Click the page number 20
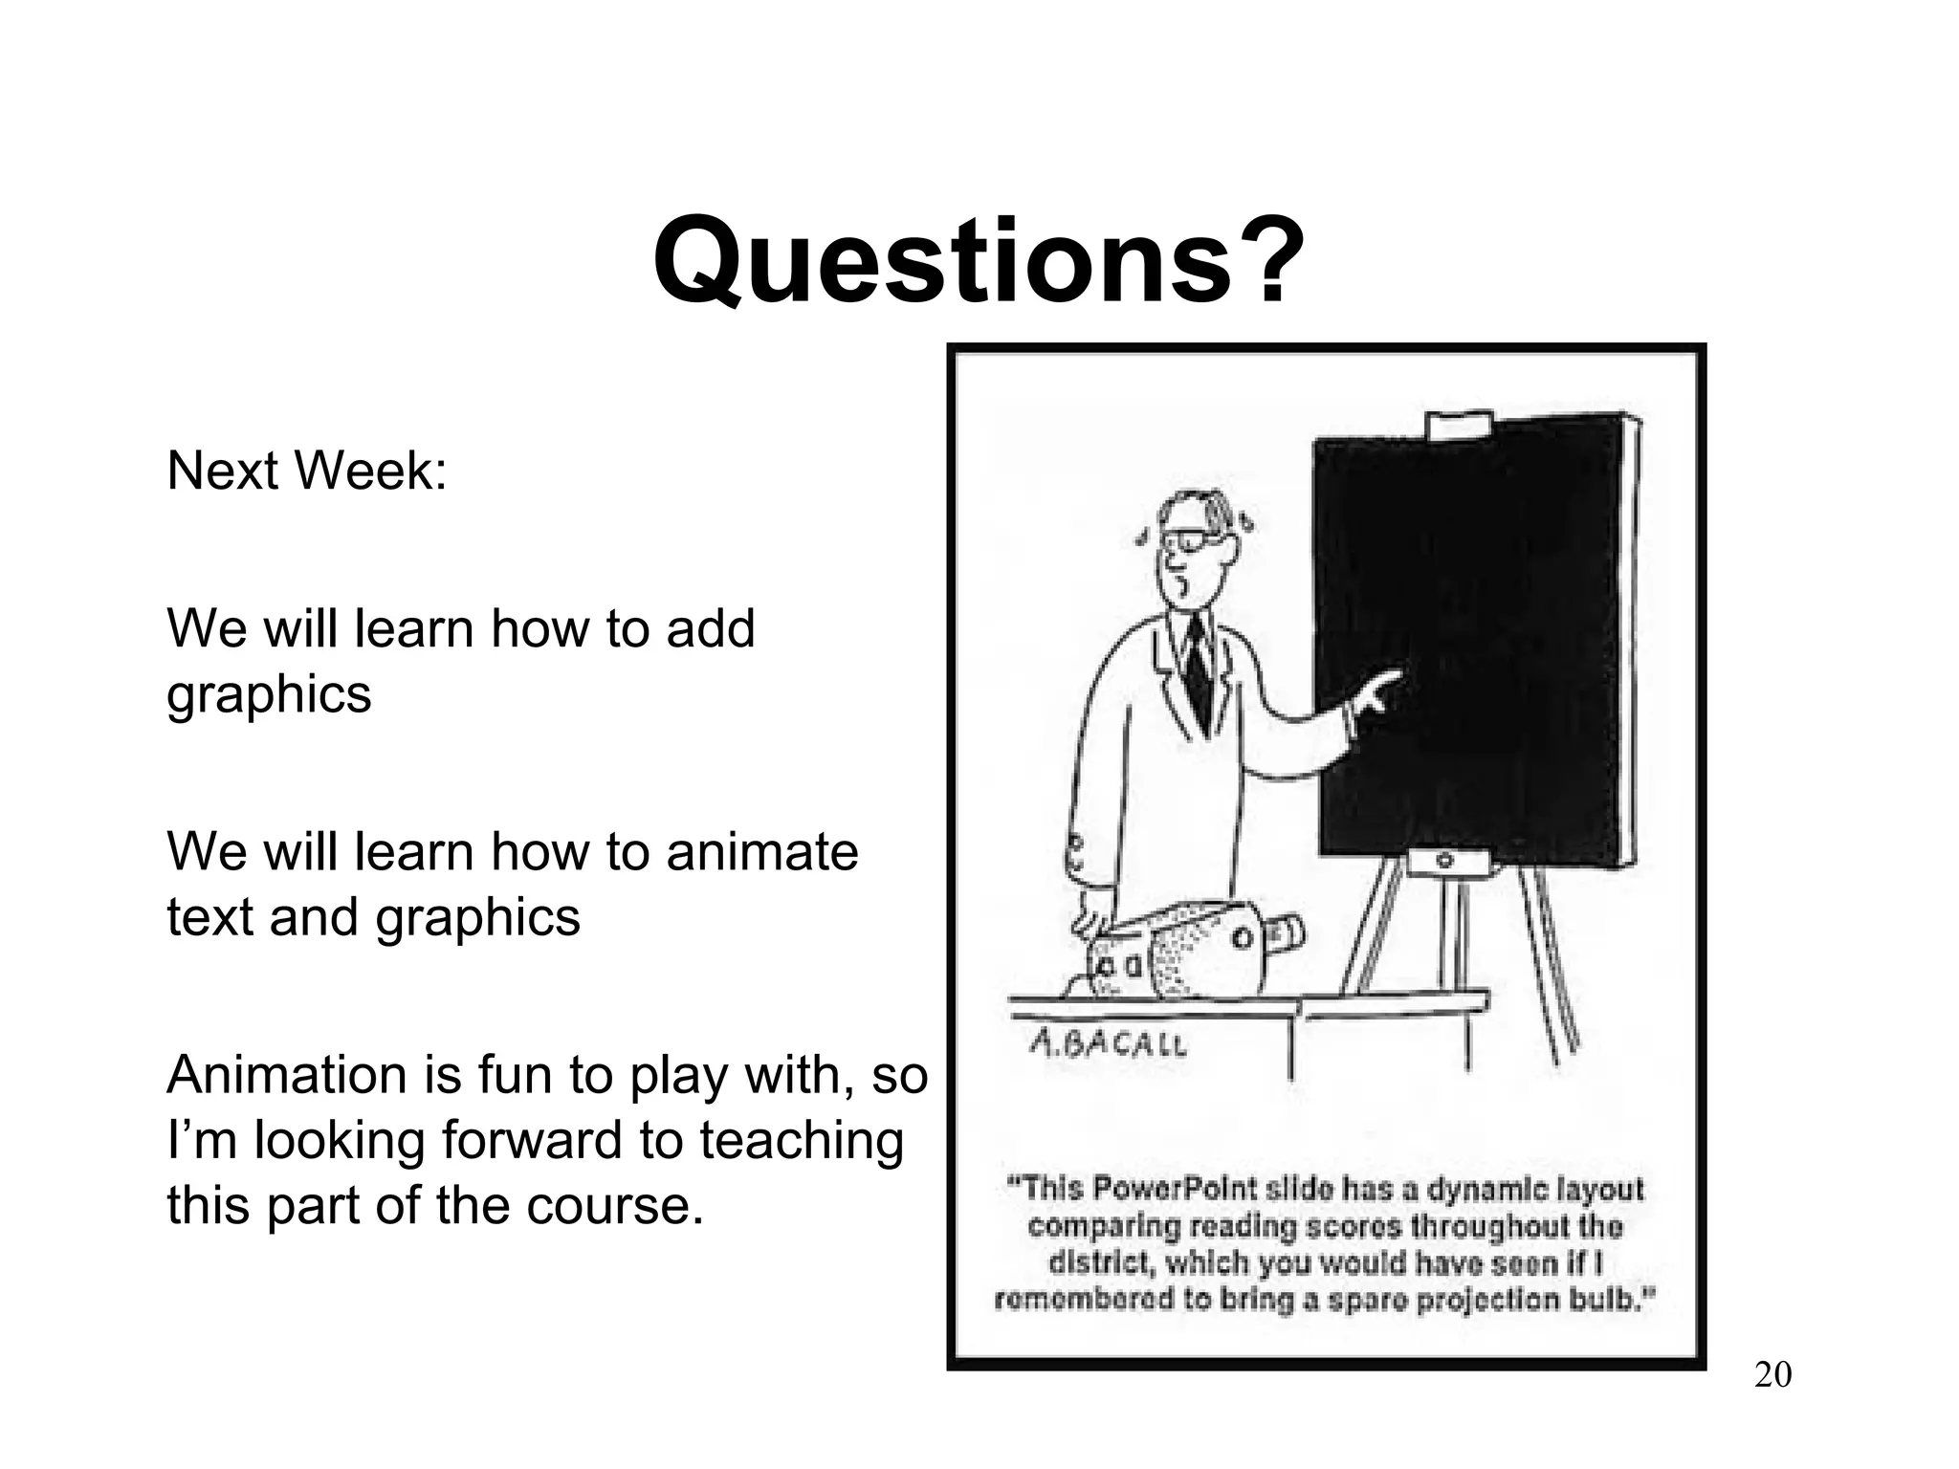[x=1773, y=1374]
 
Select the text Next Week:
[x=307, y=471]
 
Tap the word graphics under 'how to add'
[x=269, y=694]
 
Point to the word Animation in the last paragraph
[x=288, y=1075]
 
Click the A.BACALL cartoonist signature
[x=1108, y=1044]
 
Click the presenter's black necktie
[x=1196, y=669]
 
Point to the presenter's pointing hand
[x=1373, y=695]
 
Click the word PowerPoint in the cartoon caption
[x=1172, y=1191]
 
